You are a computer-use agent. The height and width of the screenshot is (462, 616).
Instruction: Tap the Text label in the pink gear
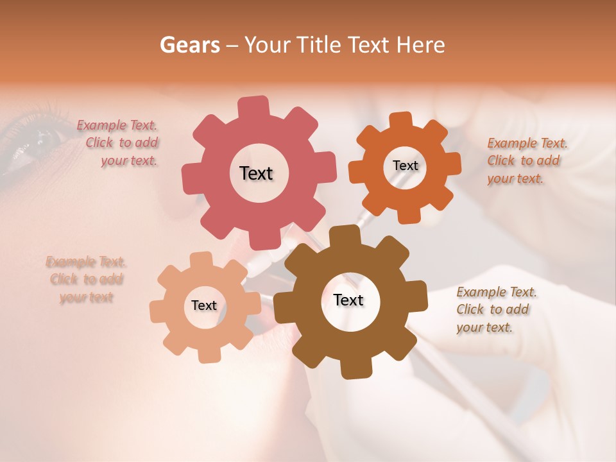point(256,173)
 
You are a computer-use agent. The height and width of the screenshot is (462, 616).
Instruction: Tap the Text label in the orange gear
point(405,166)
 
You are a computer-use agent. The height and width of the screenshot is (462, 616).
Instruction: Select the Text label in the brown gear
point(348,300)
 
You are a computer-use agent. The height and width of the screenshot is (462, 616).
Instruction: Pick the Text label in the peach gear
point(204,306)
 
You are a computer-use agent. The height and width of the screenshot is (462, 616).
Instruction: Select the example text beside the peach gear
point(86,280)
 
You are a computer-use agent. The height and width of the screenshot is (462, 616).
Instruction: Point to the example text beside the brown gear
point(495,310)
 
